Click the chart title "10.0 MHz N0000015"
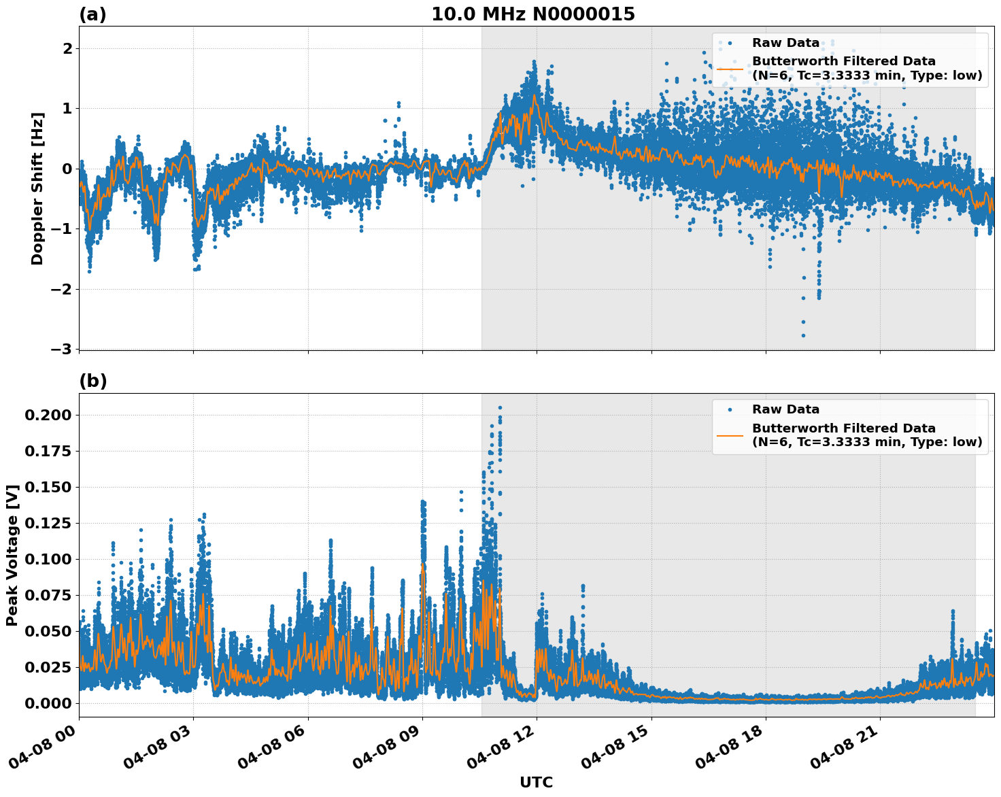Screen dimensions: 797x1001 pos(532,14)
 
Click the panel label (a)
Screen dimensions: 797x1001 pos(92,14)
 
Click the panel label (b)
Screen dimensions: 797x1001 pos(92,381)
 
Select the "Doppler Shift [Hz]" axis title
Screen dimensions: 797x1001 pos(37,188)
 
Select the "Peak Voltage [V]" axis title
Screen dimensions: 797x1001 pos(12,555)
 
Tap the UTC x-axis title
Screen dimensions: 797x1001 pos(536,782)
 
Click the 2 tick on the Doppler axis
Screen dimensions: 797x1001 pos(68,48)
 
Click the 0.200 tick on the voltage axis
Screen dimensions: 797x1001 pos(48,415)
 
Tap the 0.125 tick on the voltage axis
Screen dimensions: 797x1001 pos(48,523)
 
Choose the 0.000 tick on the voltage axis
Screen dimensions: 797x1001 pos(48,702)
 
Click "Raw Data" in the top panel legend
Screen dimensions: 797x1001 pos(785,43)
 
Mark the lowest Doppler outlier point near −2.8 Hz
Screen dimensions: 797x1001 pos(803,335)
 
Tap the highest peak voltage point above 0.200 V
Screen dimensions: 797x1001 pos(500,407)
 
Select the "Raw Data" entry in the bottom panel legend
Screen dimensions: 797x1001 pos(785,409)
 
